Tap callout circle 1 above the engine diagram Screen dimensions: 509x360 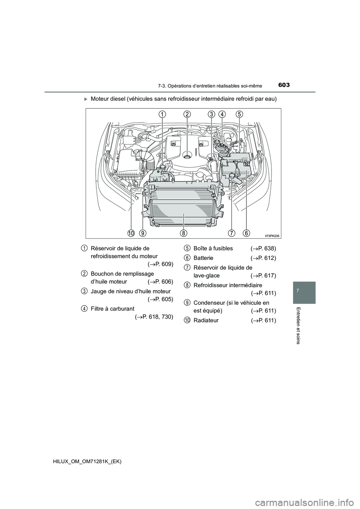click(x=162, y=114)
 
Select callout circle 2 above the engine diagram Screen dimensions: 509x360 click(x=187, y=114)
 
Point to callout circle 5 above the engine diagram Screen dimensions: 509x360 click(x=239, y=114)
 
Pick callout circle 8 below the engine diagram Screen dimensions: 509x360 click(x=183, y=233)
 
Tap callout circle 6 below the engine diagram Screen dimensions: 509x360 click(x=246, y=233)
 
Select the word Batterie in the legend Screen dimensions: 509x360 click(x=203, y=258)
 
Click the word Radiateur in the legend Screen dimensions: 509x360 click(x=206, y=320)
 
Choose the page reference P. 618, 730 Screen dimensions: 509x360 click(x=154, y=317)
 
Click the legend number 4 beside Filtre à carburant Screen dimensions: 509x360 click(x=84, y=308)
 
